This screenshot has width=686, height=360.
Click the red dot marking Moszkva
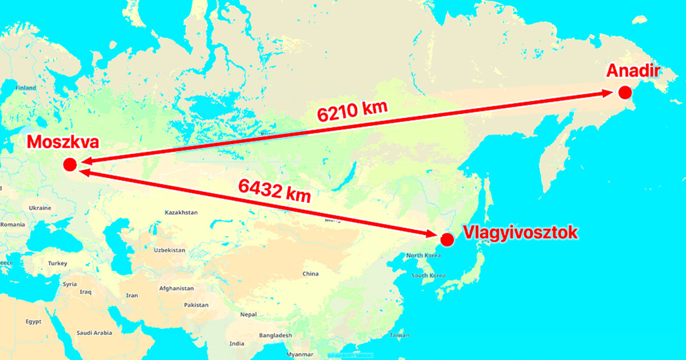(x=70, y=165)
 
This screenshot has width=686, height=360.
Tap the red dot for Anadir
(x=625, y=93)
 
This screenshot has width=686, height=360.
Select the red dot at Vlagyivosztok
(x=447, y=239)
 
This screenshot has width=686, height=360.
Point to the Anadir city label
(x=633, y=72)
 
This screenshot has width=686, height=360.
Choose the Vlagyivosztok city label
(x=520, y=233)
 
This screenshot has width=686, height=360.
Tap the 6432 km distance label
(x=276, y=191)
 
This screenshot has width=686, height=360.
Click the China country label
(x=310, y=274)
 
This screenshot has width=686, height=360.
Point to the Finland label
(x=26, y=88)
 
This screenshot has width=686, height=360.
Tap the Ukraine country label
(x=40, y=207)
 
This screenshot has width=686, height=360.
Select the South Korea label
(x=428, y=275)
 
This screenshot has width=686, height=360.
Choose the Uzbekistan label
(x=169, y=250)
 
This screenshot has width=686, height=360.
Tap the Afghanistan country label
(x=176, y=289)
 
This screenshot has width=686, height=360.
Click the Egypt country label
(x=33, y=322)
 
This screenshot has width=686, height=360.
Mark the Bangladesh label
(x=275, y=335)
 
